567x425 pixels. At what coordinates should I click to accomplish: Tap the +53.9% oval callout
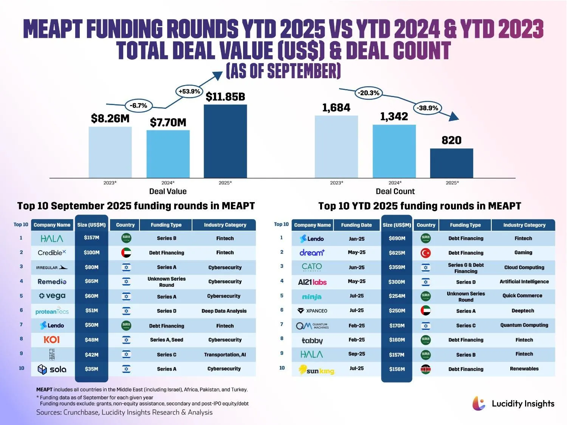pyautogui.click(x=189, y=91)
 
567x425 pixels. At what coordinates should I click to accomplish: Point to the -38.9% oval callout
pyautogui.click(x=427, y=108)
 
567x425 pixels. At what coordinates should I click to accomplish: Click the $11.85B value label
pyautogui.click(x=225, y=97)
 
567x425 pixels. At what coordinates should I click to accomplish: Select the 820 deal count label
pyautogui.click(x=451, y=140)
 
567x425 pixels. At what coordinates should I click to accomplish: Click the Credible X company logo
pyautogui.click(x=52, y=253)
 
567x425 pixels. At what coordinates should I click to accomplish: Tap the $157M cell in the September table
pyautogui.click(x=91, y=238)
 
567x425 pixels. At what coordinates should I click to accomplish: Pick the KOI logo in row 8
pyautogui.click(x=52, y=340)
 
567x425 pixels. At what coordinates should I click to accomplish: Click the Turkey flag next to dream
pyautogui.click(x=426, y=253)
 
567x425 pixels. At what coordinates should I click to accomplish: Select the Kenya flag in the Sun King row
pyautogui.click(x=426, y=369)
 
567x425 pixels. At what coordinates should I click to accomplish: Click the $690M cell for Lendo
pyautogui.click(x=397, y=238)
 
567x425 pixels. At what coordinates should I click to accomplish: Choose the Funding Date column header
pyautogui.click(x=356, y=225)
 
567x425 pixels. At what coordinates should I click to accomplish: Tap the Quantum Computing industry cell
pyautogui.click(x=524, y=325)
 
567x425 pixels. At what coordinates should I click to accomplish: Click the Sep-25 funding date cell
pyautogui.click(x=356, y=354)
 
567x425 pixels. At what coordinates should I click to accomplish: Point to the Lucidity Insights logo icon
pyautogui.click(x=479, y=403)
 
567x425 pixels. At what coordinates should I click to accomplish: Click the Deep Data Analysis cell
pyautogui.click(x=224, y=311)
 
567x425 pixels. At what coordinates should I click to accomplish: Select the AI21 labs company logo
pyautogui.click(x=312, y=282)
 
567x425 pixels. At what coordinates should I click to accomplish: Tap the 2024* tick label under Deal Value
pyautogui.click(x=168, y=183)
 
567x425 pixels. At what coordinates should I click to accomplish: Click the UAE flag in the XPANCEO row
pyautogui.click(x=426, y=311)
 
